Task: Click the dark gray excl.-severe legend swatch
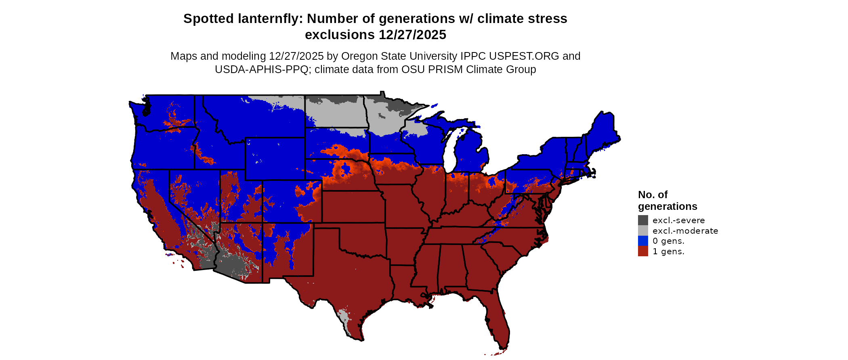(643, 220)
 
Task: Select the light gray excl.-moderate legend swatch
(643, 230)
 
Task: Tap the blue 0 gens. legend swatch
(643, 241)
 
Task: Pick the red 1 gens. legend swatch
(643, 251)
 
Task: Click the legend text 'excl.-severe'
(678, 220)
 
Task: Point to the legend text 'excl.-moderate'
(685, 231)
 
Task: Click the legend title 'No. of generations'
(667, 201)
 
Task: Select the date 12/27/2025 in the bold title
(412, 35)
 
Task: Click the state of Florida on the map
(497, 319)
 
